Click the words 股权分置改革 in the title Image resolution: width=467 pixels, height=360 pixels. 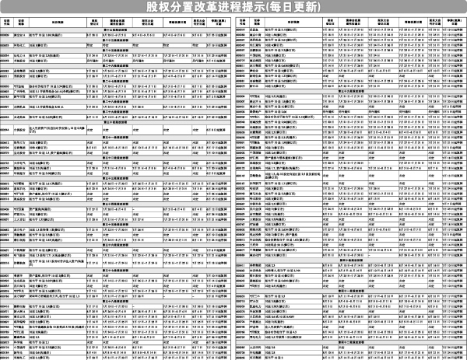click(184, 7)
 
